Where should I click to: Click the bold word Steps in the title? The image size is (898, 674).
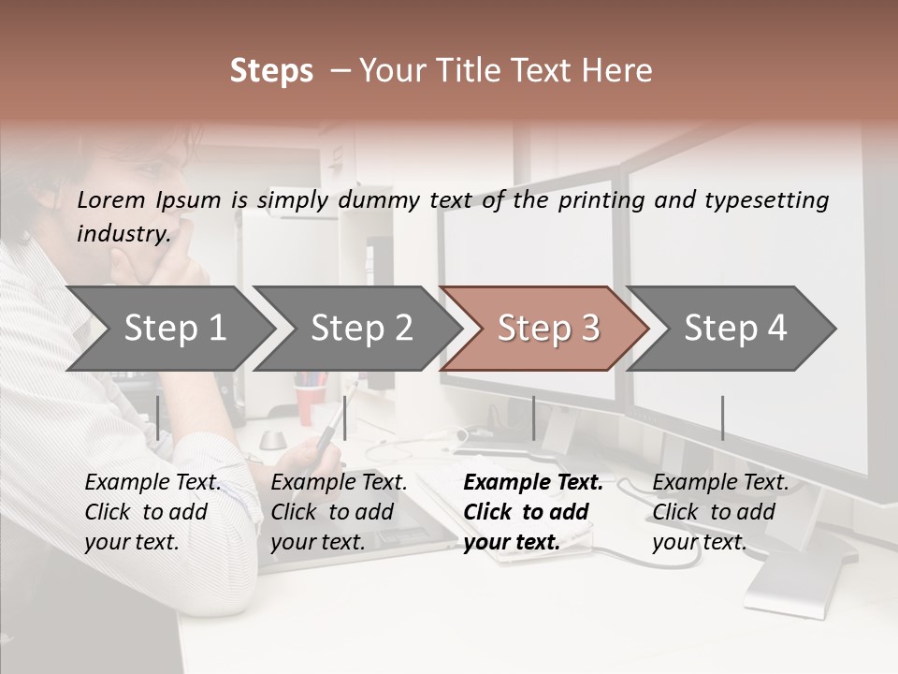point(271,71)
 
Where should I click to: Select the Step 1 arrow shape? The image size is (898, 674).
point(168,329)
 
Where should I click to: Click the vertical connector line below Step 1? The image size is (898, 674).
point(158,418)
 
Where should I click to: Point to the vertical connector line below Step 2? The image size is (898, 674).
point(345,418)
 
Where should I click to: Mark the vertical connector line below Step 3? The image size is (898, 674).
point(533,418)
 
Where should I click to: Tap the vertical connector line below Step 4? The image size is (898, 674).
point(722,418)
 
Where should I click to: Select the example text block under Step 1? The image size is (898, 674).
point(152,512)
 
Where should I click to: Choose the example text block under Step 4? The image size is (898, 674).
point(719,512)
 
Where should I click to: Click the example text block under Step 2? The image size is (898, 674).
point(339,512)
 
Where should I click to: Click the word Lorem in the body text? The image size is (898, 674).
point(111,200)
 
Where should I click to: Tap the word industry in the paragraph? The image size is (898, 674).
point(123,234)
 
